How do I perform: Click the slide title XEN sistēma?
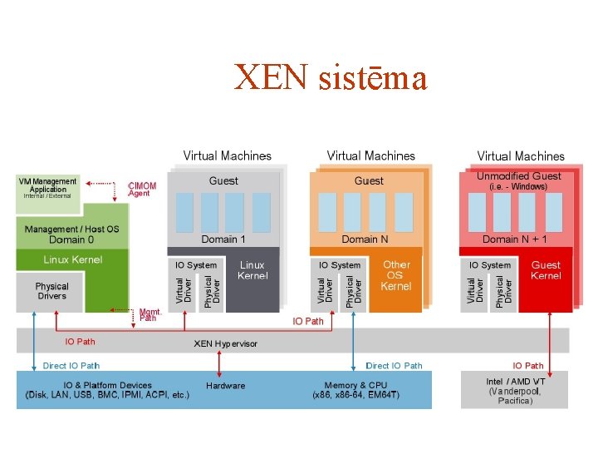(331, 78)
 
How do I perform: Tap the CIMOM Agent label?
(141, 190)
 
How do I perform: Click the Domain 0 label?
(71, 239)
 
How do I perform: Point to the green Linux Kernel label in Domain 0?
(73, 259)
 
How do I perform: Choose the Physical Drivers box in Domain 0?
(51, 291)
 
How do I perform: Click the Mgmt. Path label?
(149, 314)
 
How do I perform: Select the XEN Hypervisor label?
(226, 343)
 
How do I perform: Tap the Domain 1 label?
(223, 239)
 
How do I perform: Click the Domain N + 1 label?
(515, 239)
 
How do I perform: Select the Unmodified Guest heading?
(518, 176)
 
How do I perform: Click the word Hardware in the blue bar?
(226, 386)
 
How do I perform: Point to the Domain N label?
(365, 239)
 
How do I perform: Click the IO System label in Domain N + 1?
(490, 265)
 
